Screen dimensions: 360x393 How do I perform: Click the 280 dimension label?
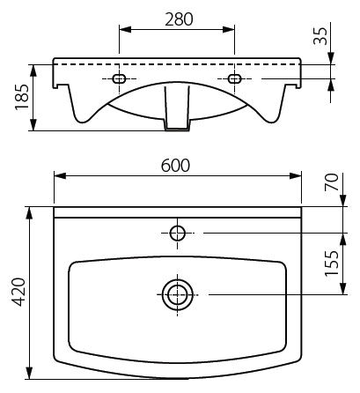(179, 19)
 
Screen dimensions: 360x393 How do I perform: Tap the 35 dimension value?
(320, 36)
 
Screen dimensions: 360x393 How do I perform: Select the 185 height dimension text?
(22, 97)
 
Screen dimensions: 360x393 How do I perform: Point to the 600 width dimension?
(175, 166)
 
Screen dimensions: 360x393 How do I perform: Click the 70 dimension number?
(332, 182)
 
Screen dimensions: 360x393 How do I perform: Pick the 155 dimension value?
(332, 263)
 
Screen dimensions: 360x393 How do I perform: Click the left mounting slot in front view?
(119, 78)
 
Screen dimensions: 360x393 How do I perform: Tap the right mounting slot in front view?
(234, 78)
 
